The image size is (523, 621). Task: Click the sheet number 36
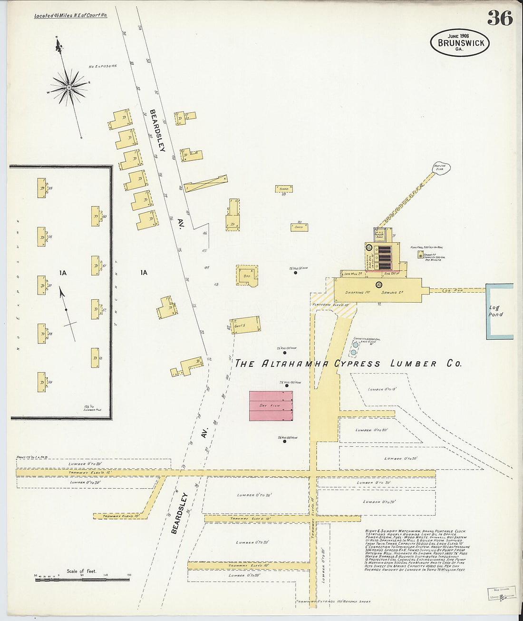(500, 18)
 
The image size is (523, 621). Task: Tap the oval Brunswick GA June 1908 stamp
(460, 42)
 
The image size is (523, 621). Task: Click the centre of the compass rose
(69, 87)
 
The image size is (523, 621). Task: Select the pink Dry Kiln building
(271, 406)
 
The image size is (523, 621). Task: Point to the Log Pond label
(495, 311)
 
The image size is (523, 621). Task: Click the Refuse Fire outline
(441, 168)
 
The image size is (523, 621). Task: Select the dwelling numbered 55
(42, 188)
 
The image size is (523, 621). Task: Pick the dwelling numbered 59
(42, 382)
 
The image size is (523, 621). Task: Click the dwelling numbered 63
(95, 358)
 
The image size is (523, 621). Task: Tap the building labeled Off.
(247, 275)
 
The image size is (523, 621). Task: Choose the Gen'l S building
(245, 325)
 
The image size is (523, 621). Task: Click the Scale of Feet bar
(82, 579)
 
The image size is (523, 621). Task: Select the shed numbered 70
(299, 227)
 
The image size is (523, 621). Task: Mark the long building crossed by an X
(206, 183)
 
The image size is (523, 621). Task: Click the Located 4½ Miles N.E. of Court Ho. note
(71, 16)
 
